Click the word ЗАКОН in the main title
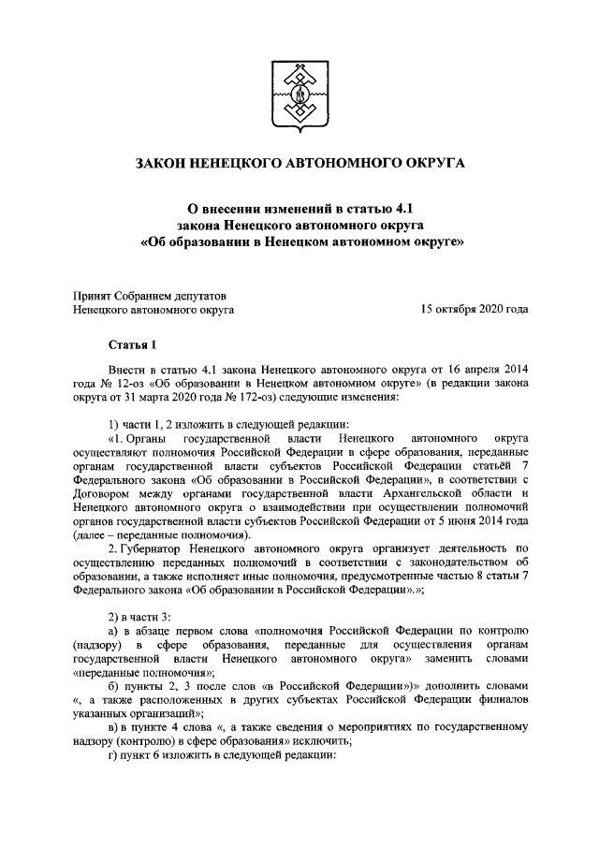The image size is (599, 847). point(163,164)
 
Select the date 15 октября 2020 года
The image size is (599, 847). point(474,307)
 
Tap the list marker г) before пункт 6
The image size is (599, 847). point(114,756)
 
